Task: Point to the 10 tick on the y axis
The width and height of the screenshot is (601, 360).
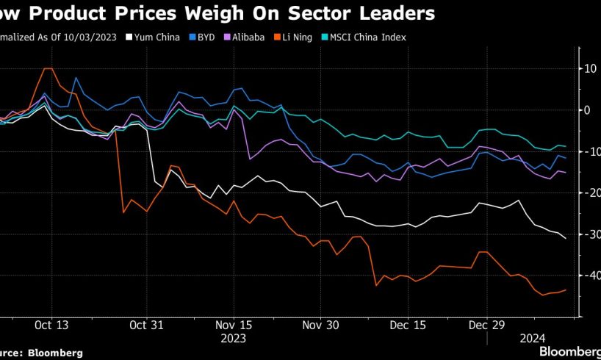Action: click(591, 68)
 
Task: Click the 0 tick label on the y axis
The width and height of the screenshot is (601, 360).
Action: click(588, 109)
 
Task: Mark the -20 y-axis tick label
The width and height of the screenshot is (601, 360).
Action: click(589, 192)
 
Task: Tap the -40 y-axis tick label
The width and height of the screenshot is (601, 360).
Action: click(589, 275)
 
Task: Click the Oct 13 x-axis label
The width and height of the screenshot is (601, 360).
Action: click(51, 325)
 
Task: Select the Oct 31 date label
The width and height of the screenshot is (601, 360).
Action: click(147, 325)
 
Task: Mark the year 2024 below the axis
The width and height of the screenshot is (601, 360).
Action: click(532, 339)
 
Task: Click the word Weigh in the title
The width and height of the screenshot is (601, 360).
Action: click(253, 13)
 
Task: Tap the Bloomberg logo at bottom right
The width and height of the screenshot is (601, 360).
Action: click(570, 351)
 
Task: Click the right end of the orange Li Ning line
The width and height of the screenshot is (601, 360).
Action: click(566, 289)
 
